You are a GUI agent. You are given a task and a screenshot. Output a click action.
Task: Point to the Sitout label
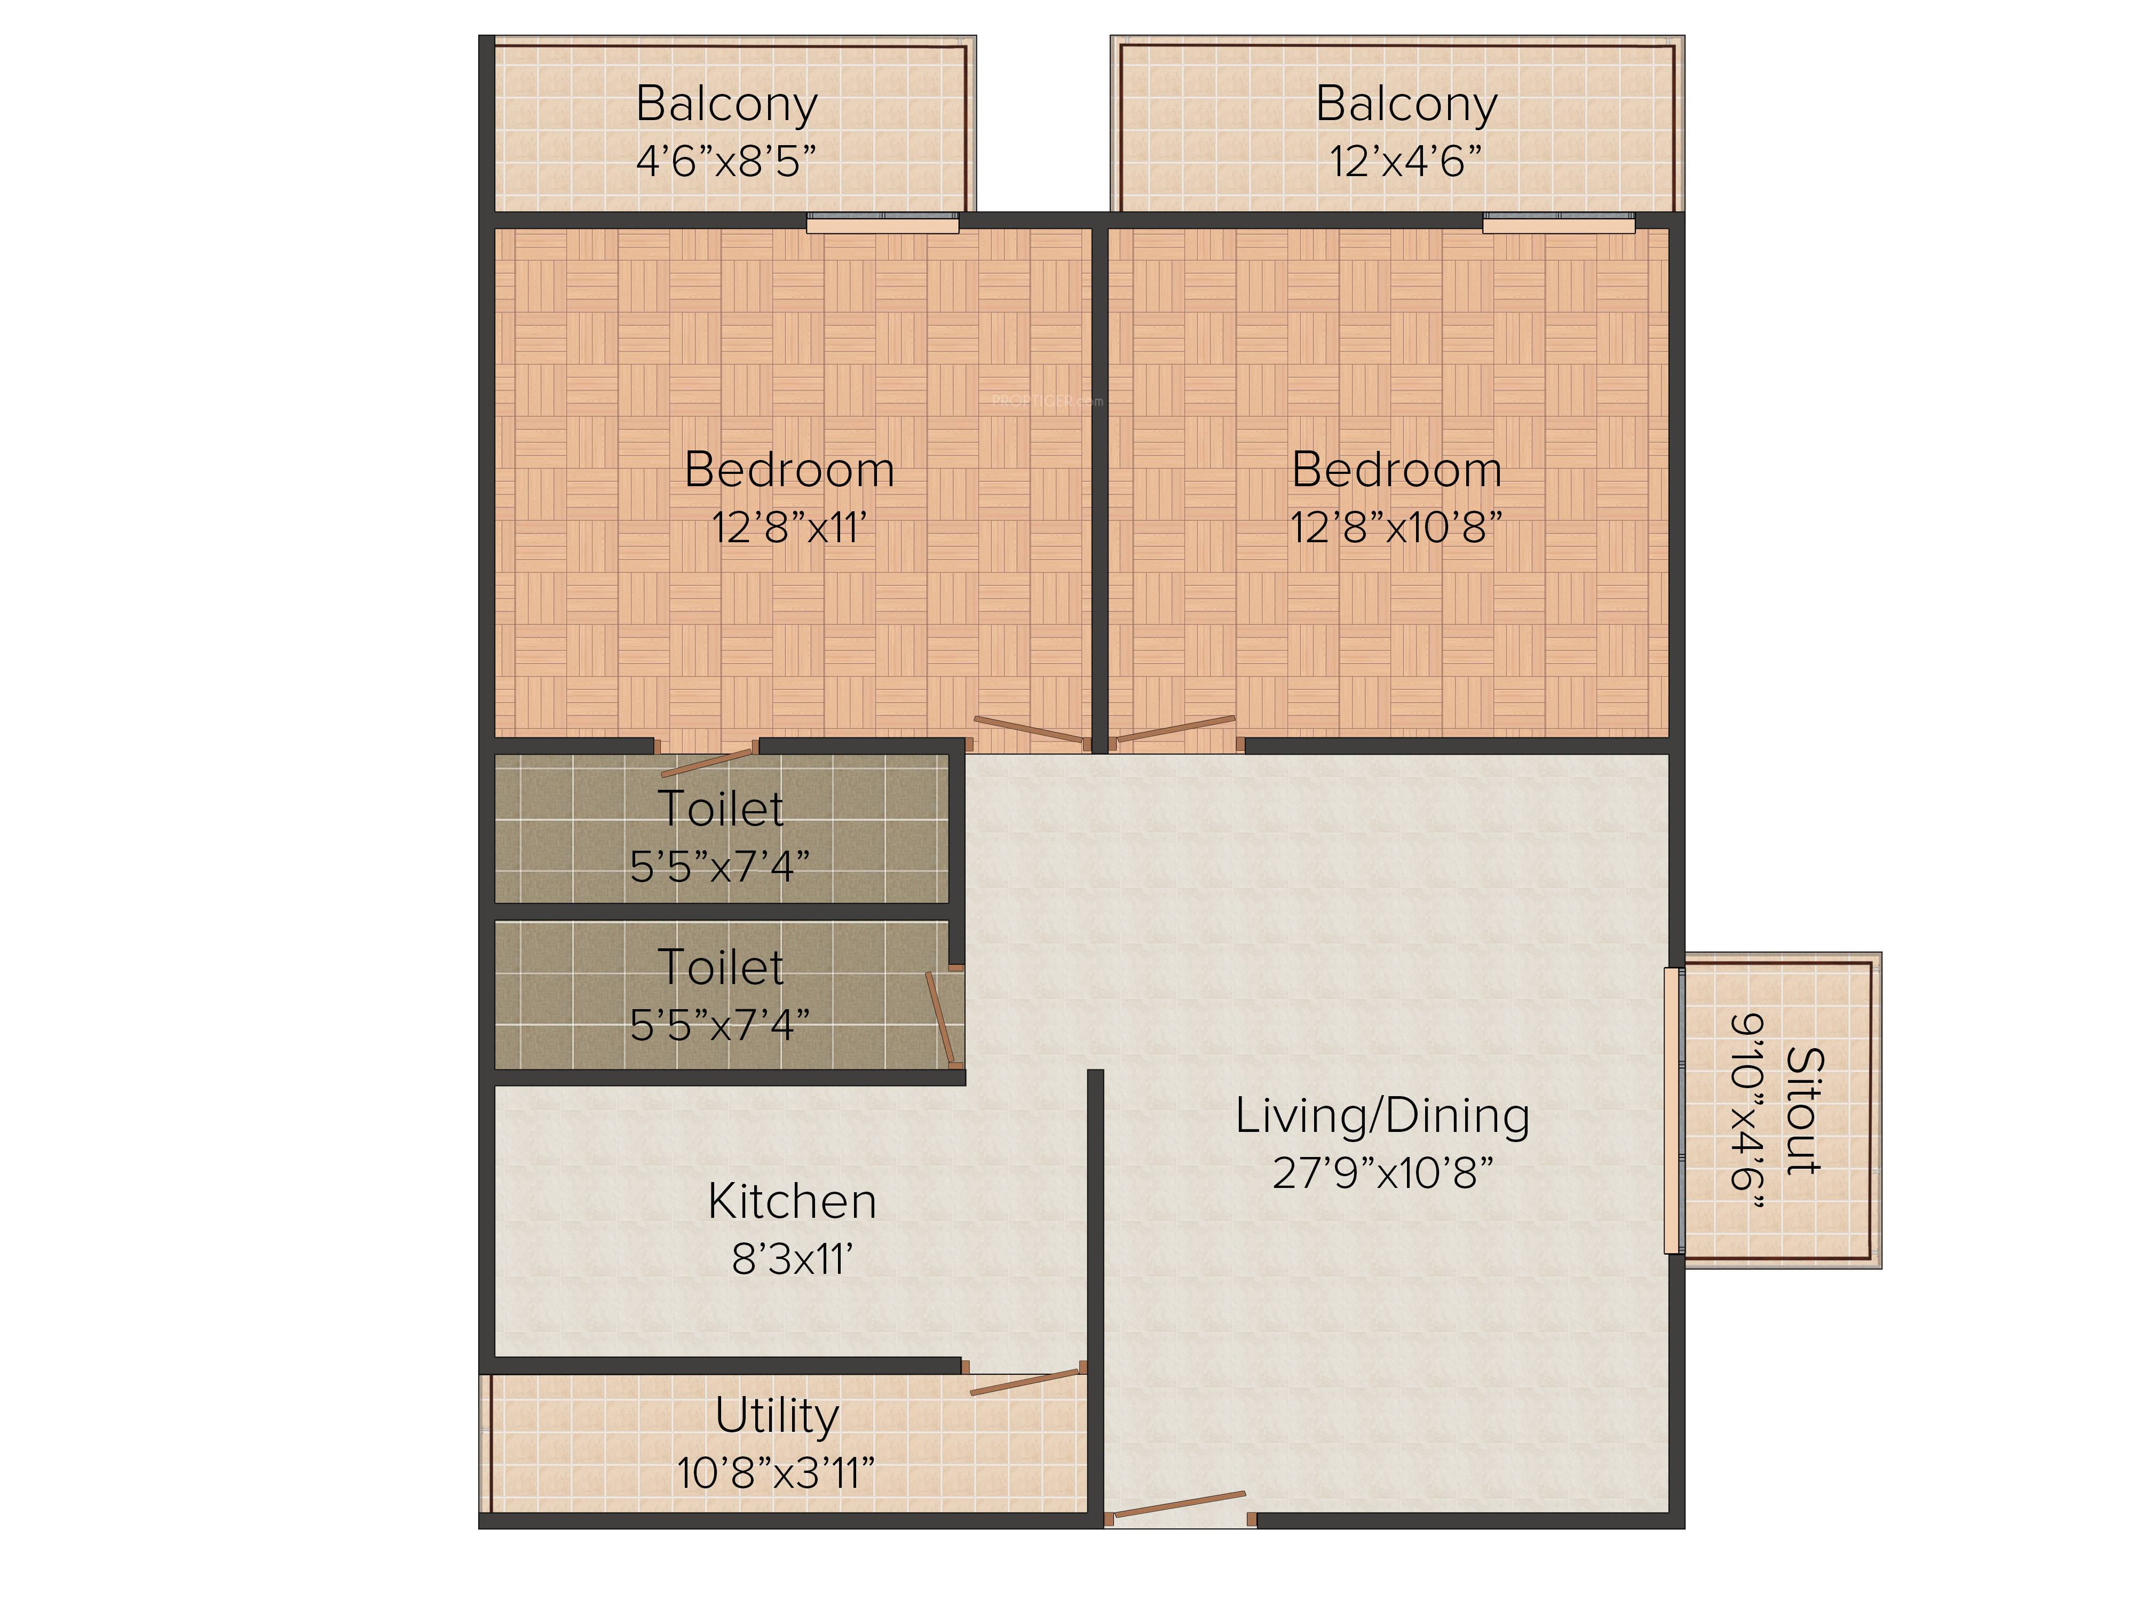pos(1803,1111)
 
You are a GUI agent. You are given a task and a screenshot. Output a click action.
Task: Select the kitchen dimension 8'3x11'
pos(793,1259)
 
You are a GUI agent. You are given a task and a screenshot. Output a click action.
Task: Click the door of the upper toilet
pos(707,759)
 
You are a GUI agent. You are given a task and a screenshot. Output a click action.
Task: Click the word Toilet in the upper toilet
pos(721,809)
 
